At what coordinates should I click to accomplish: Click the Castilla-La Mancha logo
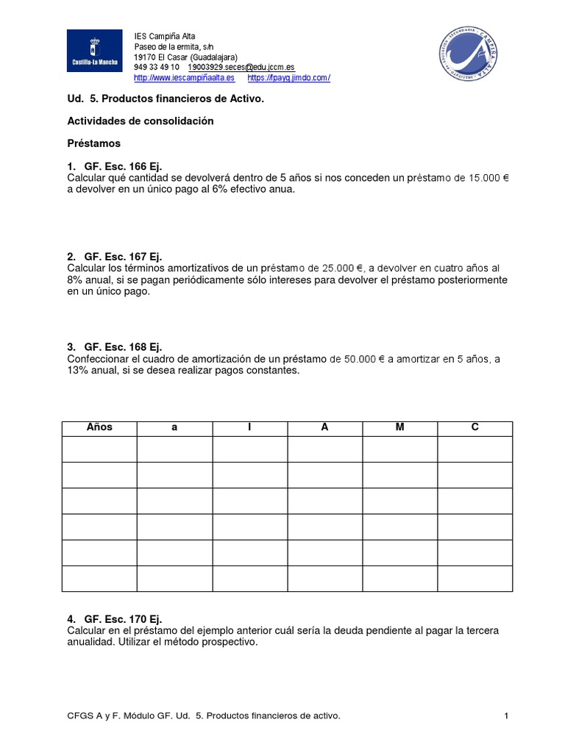[95, 55]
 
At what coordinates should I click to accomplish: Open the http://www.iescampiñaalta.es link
[184, 78]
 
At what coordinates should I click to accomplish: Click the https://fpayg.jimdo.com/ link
[289, 78]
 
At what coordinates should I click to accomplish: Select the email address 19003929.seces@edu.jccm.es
[241, 67]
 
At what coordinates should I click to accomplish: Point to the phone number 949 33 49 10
[156, 67]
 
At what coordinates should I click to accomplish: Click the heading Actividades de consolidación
[141, 121]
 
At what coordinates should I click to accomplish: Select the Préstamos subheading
[93, 143]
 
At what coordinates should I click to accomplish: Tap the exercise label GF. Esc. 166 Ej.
[123, 166]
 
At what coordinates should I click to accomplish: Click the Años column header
[99, 427]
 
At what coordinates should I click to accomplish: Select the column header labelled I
[249, 427]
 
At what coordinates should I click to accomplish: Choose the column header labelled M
[399, 427]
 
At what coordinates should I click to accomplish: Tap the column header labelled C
[475, 427]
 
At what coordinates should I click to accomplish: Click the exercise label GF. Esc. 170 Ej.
[123, 619]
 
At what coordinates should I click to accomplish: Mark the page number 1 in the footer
[507, 715]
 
